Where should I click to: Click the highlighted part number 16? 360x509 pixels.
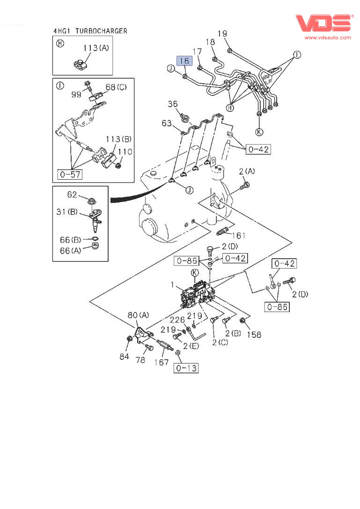tap(184, 61)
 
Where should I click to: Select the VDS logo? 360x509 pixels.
tap(323, 24)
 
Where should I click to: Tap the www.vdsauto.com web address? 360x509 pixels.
tap(328, 37)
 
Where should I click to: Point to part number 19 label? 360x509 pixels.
tap(222, 33)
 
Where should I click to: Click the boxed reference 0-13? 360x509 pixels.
tap(186, 368)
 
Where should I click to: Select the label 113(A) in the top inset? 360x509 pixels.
tap(96, 48)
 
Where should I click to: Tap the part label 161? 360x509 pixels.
tap(238, 235)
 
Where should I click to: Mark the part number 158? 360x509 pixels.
tap(254, 334)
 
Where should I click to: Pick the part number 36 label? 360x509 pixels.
tap(173, 104)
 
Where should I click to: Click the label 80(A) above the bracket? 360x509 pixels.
tap(138, 315)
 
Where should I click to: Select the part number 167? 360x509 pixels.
tap(162, 362)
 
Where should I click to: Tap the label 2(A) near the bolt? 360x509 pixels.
tap(247, 172)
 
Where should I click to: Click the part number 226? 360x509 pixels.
tap(177, 320)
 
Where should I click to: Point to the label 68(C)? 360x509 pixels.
tap(116, 87)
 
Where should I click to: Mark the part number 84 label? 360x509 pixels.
tap(124, 356)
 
